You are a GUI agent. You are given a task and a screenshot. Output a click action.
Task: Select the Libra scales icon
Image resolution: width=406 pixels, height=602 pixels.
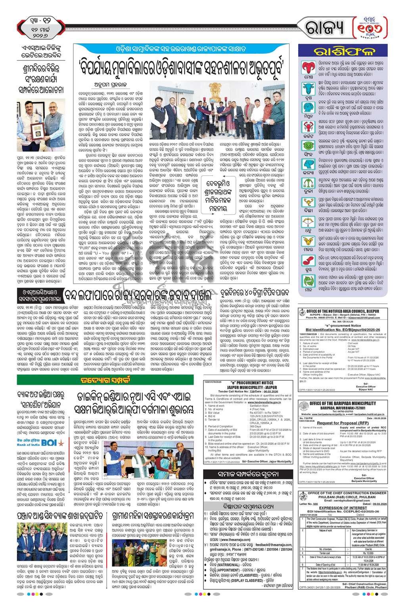(x=309, y=194)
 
